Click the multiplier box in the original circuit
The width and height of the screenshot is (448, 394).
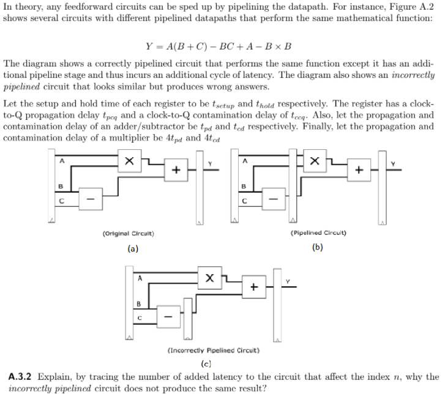point(129,161)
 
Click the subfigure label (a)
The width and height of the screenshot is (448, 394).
point(132,248)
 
